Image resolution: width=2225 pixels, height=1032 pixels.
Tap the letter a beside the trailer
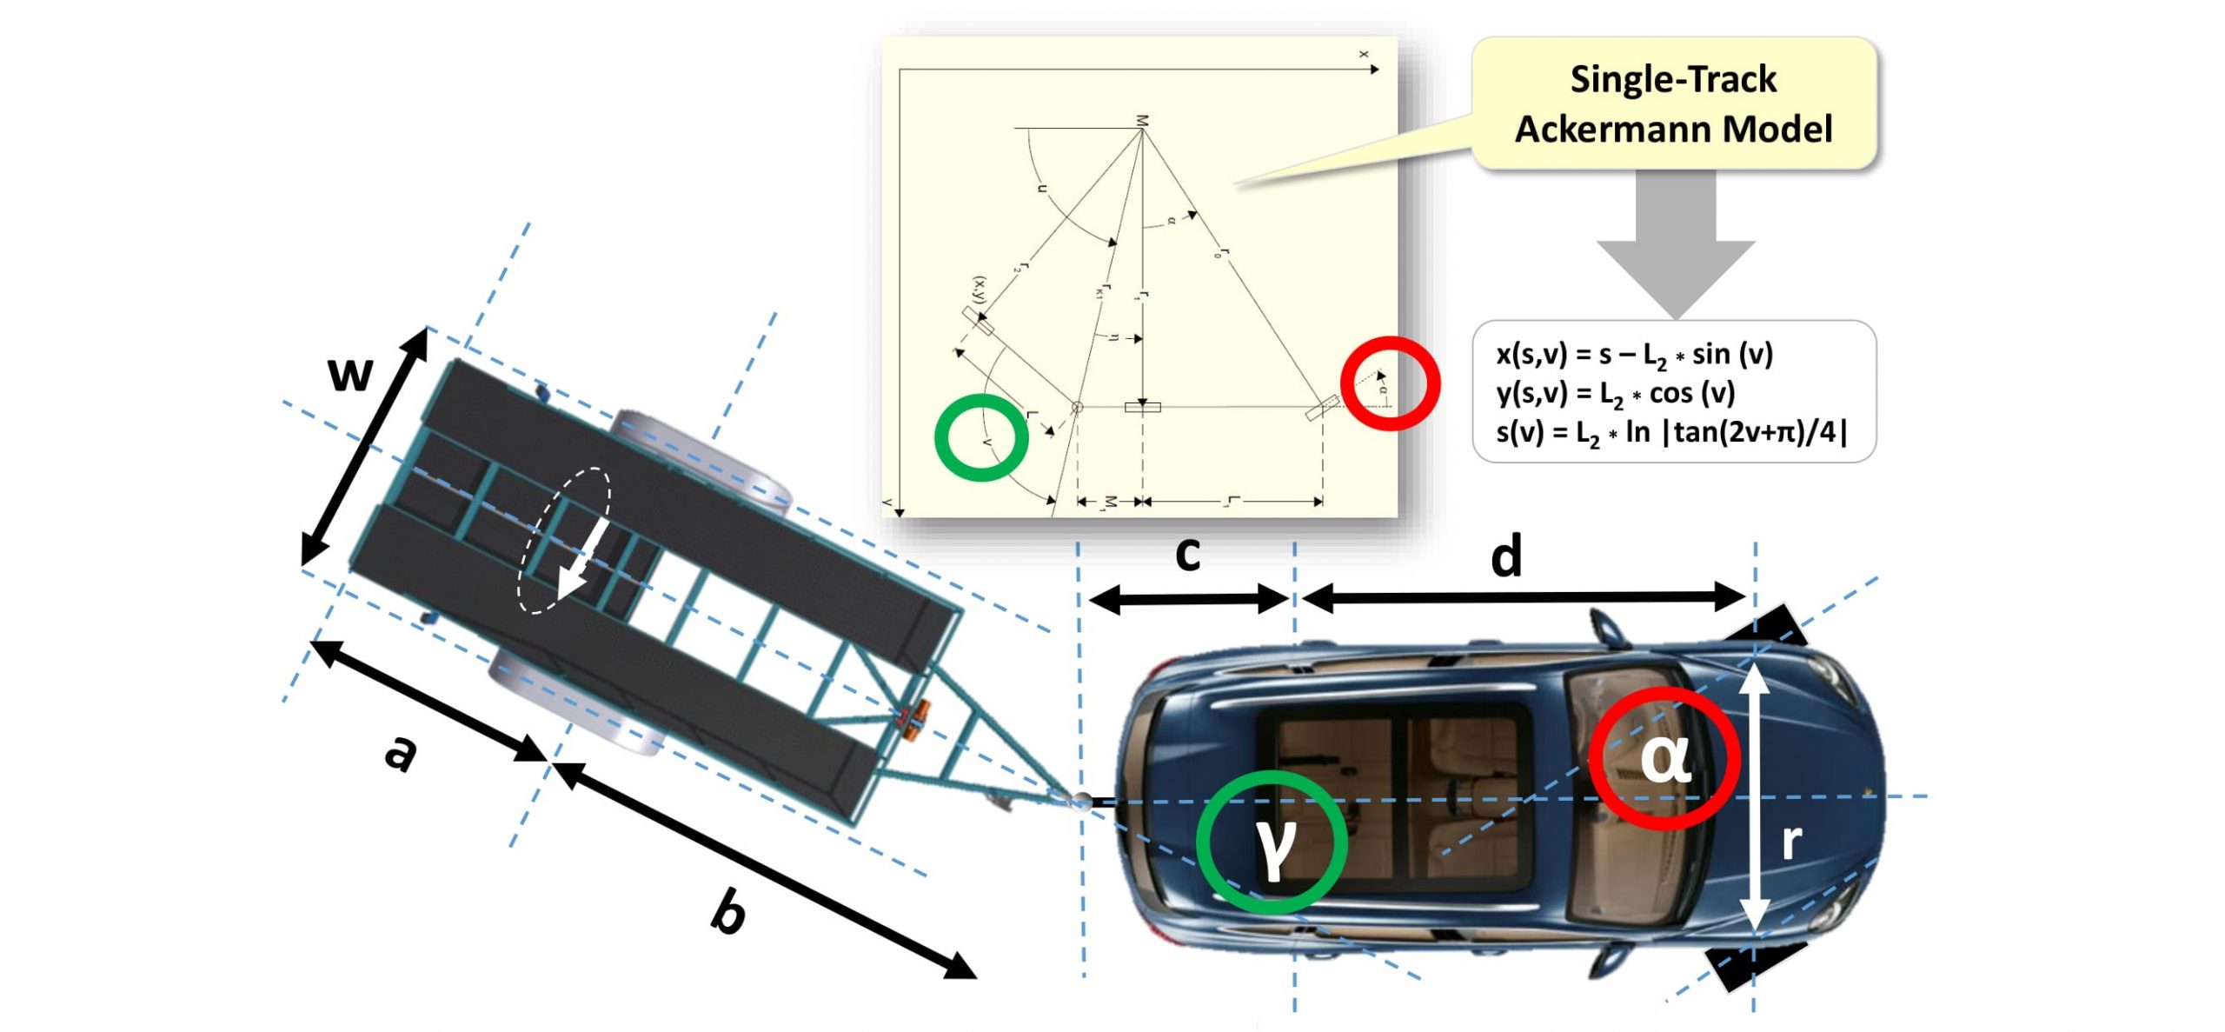click(401, 752)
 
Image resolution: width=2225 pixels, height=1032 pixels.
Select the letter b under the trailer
click(728, 910)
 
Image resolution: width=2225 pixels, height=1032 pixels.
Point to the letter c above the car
click(1187, 554)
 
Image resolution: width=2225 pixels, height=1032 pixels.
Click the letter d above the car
click(1506, 556)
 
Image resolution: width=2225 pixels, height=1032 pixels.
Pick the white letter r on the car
click(1791, 842)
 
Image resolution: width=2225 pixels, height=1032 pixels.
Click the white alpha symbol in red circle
click(1665, 758)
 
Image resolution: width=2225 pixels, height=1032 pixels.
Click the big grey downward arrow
click(1675, 243)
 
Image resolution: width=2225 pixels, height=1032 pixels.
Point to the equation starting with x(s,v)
click(1634, 355)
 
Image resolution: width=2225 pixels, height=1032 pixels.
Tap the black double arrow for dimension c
click(1187, 598)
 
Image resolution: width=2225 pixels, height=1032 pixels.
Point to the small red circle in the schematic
click(1390, 383)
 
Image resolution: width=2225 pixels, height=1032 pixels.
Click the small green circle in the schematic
click(981, 437)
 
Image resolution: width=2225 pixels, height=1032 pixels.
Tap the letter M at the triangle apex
click(1142, 121)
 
